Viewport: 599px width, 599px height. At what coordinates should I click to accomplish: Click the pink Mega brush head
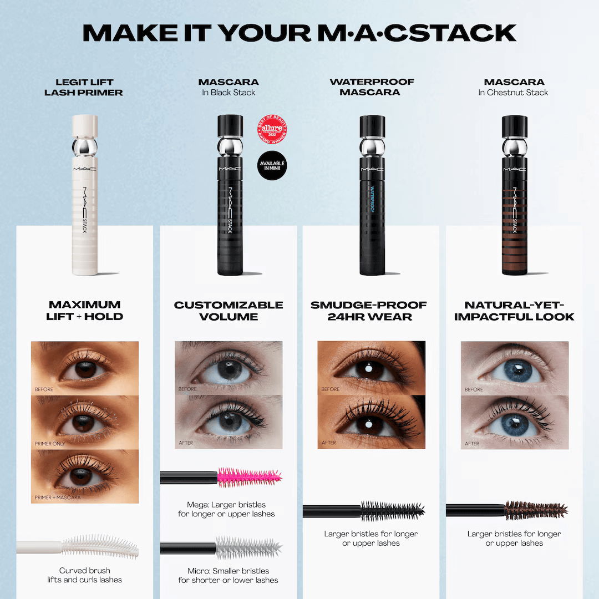pos(249,476)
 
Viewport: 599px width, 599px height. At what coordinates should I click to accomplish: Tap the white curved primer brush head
pos(100,546)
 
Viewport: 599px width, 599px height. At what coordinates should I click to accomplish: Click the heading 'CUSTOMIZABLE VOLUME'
pos(229,311)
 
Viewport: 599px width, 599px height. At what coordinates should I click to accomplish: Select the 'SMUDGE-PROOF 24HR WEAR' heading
pos(369,311)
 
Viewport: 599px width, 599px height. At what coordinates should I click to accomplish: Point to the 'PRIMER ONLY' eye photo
pos(85,423)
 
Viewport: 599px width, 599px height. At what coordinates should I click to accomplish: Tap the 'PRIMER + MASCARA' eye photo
pos(85,476)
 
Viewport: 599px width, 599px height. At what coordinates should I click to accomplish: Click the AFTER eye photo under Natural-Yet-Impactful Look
pos(515,422)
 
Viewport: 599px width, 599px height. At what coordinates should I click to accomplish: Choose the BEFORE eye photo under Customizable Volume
pos(229,367)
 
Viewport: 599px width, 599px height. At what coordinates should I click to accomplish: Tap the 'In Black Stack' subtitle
pos(229,93)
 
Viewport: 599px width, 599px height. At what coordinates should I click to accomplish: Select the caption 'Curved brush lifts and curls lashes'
pos(85,575)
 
